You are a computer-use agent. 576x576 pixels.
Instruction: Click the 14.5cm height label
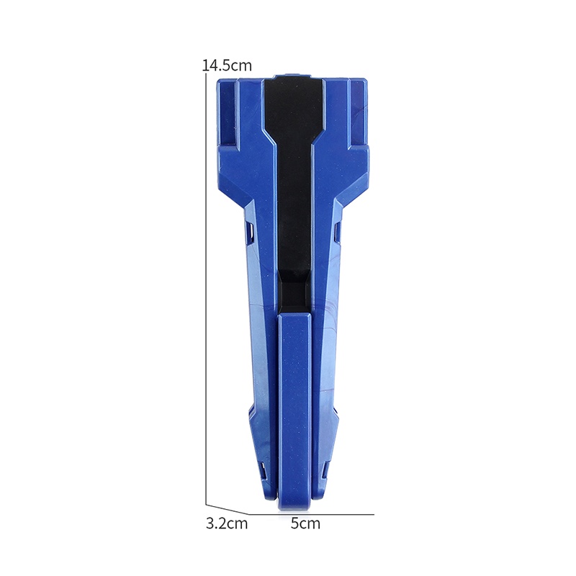(228, 66)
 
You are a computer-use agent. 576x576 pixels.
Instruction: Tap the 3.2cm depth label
(227, 523)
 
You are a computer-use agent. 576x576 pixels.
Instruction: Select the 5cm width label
(305, 523)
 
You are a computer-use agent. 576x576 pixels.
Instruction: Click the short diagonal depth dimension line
(227, 509)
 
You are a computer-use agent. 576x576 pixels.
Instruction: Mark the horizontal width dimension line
(312, 514)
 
